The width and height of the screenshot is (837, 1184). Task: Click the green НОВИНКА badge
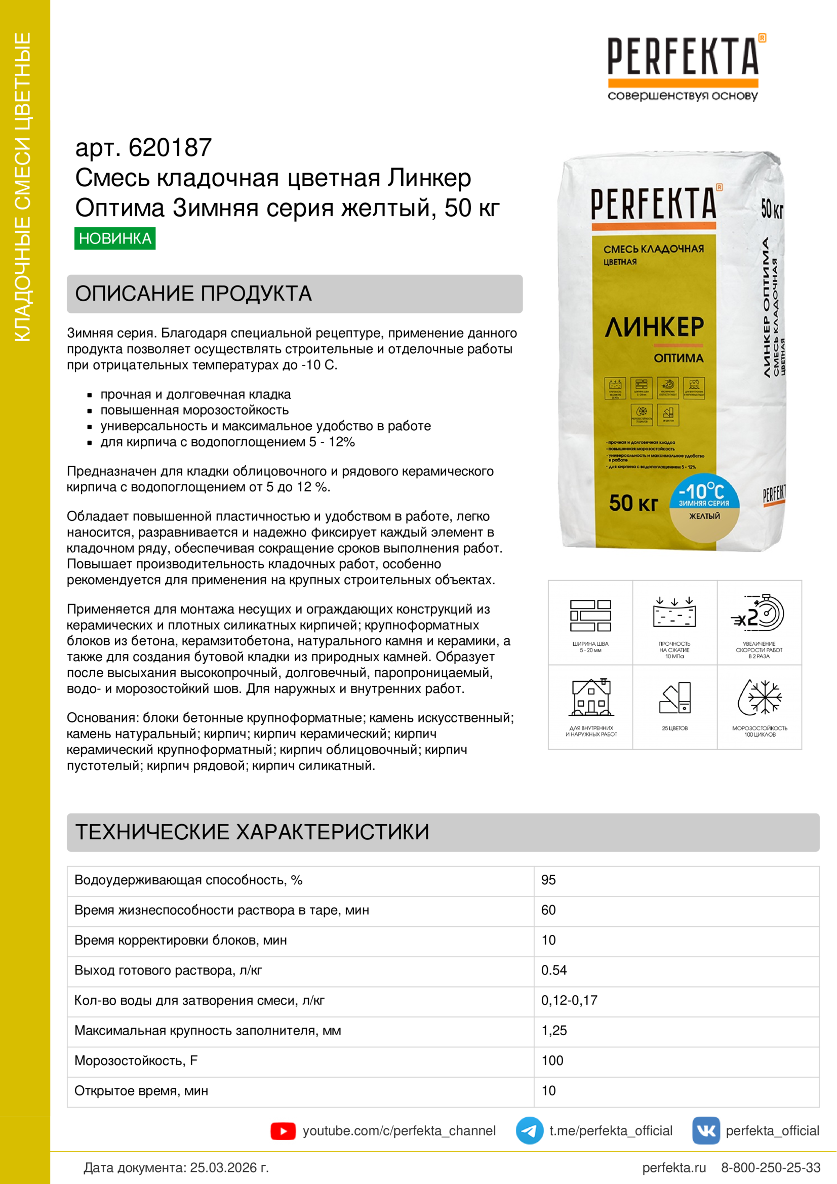tap(114, 238)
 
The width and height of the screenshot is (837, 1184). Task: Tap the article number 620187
tap(170, 147)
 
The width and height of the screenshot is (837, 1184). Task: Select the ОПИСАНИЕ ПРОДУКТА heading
tap(193, 294)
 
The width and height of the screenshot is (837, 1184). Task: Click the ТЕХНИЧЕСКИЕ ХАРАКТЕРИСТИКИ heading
tap(252, 832)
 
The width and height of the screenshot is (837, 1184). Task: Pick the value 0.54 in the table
tap(554, 970)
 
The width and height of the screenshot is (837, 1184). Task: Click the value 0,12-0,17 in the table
tap(569, 1000)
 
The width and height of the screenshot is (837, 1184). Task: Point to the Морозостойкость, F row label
tap(136, 1060)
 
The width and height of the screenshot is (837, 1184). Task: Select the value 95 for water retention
tap(548, 880)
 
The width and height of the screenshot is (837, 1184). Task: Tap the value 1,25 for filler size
tap(554, 1030)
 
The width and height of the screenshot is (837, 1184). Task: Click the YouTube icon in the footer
tap(283, 1131)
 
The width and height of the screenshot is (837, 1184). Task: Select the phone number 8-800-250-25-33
tap(771, 1167)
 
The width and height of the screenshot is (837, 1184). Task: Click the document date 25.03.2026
tap(229, 1167)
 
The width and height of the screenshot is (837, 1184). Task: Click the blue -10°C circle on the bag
tap(704, 492)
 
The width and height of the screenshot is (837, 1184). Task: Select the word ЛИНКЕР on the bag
tap(654, 327)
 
